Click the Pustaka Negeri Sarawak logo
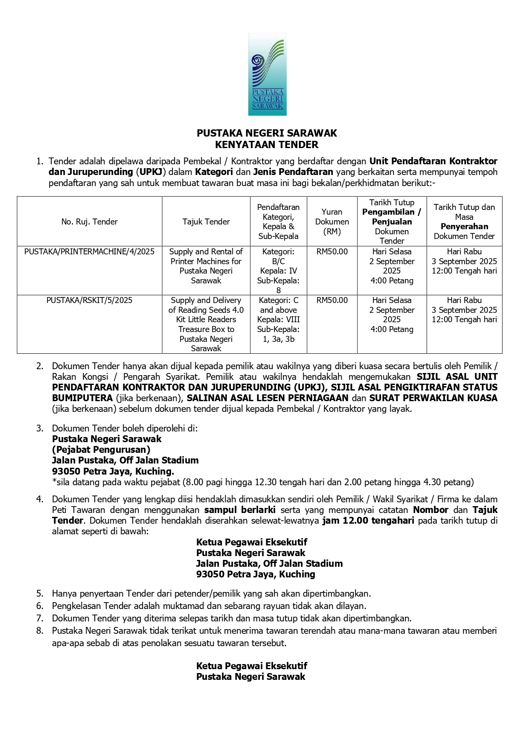(x=267, y=75)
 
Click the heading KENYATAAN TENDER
(x=267, y=145)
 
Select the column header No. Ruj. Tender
(x=90, y=221)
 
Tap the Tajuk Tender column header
(x=206, y=221)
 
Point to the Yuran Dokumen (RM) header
(x=332, y=221)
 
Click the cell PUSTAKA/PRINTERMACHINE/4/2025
(x=90, y=252)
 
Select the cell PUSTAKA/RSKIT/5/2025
(x=90, y=300)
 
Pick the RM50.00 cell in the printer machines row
(x=332, y=252)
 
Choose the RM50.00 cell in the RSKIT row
(x=332, y=300)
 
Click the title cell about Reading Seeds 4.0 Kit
(x=206, y=324)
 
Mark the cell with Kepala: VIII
(x=279, y=319)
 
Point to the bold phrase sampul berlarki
(x=240, y=510)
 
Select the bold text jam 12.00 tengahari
(x=368, y=521)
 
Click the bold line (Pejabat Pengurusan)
(x=101, y=449)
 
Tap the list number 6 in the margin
(x=40, y=606)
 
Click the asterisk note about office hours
(x=263, y=482)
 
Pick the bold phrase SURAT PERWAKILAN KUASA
(x=433, y=398)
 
